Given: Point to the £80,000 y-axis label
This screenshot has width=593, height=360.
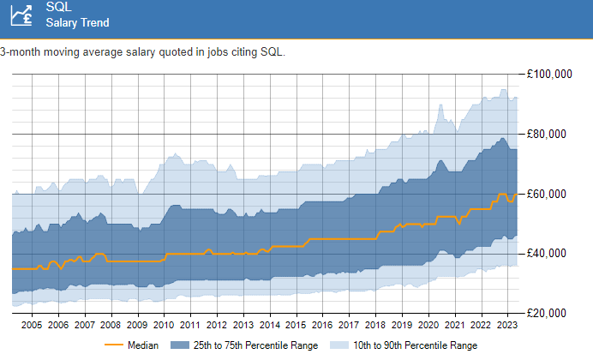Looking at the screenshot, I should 550,135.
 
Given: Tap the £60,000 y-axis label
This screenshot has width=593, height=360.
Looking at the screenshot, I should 550,195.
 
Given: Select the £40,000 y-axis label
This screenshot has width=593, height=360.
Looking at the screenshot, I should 550,254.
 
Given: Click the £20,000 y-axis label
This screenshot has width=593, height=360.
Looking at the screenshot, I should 550,314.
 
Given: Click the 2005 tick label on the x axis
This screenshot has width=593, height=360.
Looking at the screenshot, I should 32,326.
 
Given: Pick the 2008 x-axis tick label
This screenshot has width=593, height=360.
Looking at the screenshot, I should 111,326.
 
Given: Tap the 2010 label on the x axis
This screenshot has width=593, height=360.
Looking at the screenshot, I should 164,326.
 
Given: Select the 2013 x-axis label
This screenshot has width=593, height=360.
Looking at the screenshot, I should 243,326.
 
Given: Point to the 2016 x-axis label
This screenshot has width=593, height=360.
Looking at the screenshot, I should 322,326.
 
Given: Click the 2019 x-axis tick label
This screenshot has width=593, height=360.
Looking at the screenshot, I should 401,326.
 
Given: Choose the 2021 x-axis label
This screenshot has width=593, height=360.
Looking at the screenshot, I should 454,326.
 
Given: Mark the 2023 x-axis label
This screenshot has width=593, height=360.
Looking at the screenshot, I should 506,326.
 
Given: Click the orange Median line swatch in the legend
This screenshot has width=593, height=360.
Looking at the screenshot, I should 113,345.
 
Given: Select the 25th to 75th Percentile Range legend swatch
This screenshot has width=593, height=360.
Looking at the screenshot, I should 181,345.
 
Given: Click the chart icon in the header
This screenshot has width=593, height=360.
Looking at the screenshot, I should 18,15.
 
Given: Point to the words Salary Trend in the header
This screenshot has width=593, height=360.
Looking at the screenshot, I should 77,23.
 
